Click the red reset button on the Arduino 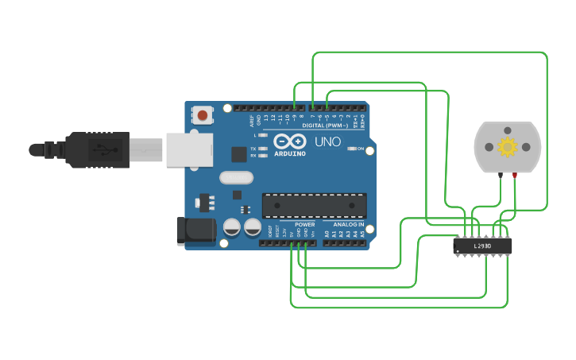[203, 116]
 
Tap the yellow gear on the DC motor [507, 146]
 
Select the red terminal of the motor [515, 175]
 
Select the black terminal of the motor [500, 175]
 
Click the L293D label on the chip [482, 246]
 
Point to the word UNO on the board [327, 142]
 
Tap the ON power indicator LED [351, 149]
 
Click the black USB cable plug [95, 149]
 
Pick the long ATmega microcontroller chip [315, 205]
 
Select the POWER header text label [305, 224]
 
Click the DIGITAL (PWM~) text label [327, 126]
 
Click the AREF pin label [253, 121]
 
